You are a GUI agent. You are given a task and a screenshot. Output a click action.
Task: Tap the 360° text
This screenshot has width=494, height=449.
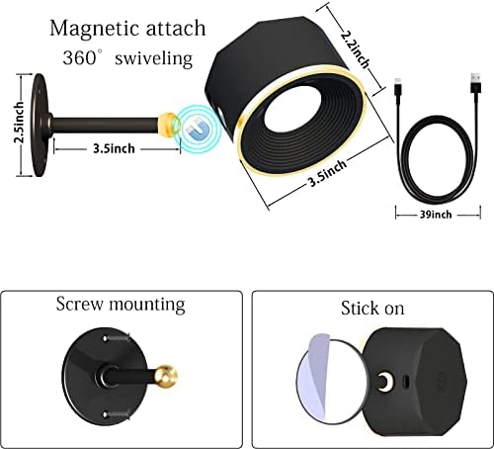point(79,57)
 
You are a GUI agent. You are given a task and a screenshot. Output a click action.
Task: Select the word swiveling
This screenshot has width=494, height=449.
point(153,58)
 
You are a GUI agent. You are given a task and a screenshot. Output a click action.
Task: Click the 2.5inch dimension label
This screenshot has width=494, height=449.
point(19,123)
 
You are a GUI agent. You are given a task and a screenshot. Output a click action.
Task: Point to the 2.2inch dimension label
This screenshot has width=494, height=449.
point(354,48)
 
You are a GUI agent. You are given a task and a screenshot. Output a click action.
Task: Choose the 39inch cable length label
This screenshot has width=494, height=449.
point(436,215)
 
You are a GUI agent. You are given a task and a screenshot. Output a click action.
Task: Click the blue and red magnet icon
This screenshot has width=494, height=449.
point(197,130)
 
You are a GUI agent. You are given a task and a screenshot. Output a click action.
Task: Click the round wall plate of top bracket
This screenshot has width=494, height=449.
point(40,126)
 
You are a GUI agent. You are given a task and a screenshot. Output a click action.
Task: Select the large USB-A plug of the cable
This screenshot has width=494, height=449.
point(475,84)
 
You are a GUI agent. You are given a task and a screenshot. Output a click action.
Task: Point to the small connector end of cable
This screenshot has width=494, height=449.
point(398,87)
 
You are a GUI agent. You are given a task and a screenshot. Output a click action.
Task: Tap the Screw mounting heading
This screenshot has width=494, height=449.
point(121,305)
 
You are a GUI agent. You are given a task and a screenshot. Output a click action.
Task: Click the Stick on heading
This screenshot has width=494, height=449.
point(372,309)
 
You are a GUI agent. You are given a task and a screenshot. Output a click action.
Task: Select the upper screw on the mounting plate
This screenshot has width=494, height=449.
point(117,338)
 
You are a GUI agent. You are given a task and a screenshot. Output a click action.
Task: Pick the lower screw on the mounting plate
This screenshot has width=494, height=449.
point(117,413)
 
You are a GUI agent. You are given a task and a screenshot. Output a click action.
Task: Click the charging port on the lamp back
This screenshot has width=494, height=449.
point(406,382)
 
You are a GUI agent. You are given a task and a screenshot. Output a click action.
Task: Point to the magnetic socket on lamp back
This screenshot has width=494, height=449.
point(384,383)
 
